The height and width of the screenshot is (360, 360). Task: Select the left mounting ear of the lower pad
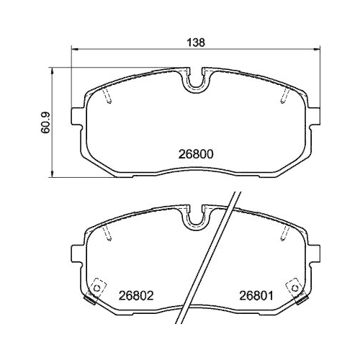[78, 253]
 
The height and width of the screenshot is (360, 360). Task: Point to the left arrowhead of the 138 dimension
[73, 50]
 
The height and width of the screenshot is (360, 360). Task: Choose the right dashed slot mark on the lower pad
[282, 233]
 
